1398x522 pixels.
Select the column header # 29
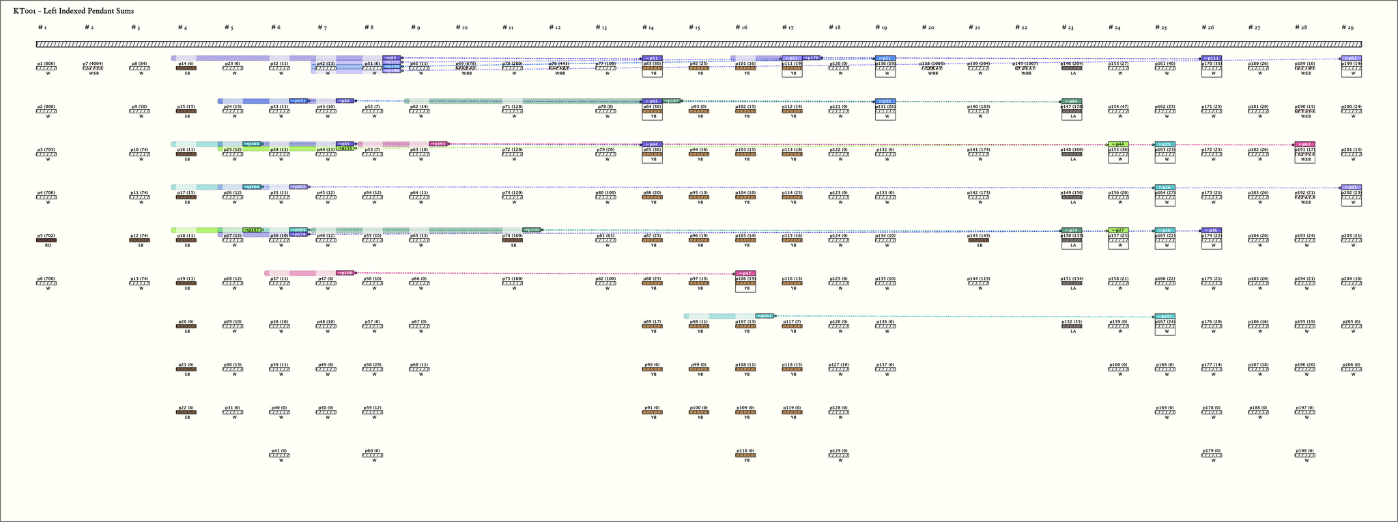(1347, 27)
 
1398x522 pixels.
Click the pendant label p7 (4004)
(93, 63)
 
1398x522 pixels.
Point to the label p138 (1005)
(932, 63)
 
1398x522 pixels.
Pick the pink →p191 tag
(438, 144)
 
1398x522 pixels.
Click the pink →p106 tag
(345, 273)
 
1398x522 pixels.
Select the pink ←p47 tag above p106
(745, 273)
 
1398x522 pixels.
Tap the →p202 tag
(299, 187)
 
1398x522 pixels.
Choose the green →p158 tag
(532, 230)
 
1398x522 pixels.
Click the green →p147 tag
(672, 101)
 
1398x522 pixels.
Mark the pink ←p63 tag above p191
(1304, 144)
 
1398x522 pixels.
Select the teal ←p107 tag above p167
(1165, 316)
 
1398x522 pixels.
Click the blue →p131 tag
(299, 101)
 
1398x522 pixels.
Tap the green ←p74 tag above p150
(1072, 230)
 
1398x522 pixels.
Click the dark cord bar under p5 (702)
(46, 240)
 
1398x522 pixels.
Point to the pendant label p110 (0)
(745, 451)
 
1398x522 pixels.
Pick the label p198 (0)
(1304, 451)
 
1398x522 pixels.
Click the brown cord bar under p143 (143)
(979, 240)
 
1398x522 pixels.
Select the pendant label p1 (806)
(46, 63)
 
